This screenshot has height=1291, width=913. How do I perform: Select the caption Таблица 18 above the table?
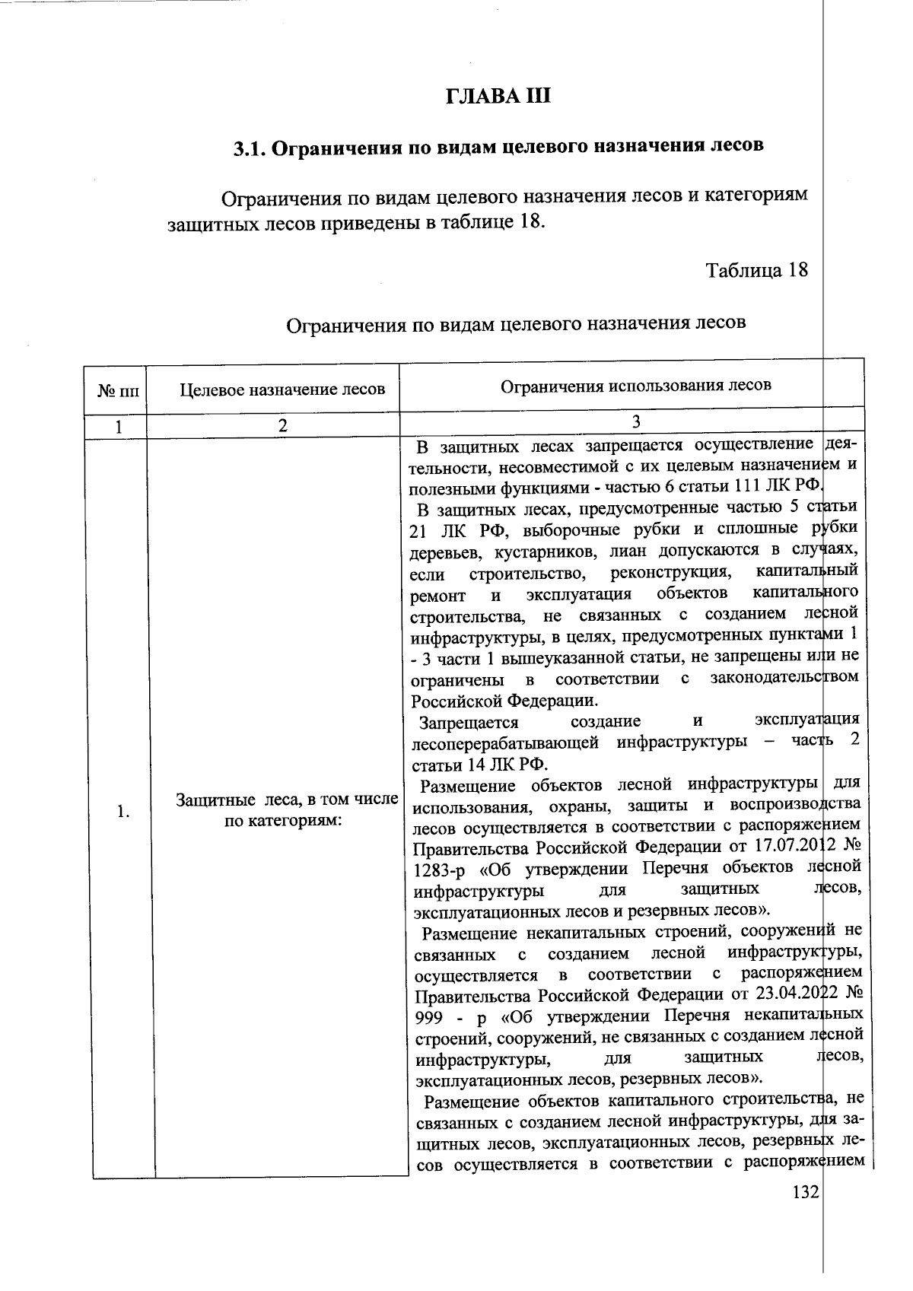pos(756,270)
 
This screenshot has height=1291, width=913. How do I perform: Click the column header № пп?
pos(119,391)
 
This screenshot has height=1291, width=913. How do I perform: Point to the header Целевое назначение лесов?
pos(282,390)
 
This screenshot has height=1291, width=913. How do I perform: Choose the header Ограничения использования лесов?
pos(635,385)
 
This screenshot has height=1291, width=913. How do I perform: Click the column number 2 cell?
pos(282,427)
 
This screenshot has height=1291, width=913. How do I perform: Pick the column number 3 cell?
pos(635,422)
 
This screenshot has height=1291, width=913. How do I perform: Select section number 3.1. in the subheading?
pos(249,148)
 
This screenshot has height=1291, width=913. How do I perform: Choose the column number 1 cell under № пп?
pos(119,427)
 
